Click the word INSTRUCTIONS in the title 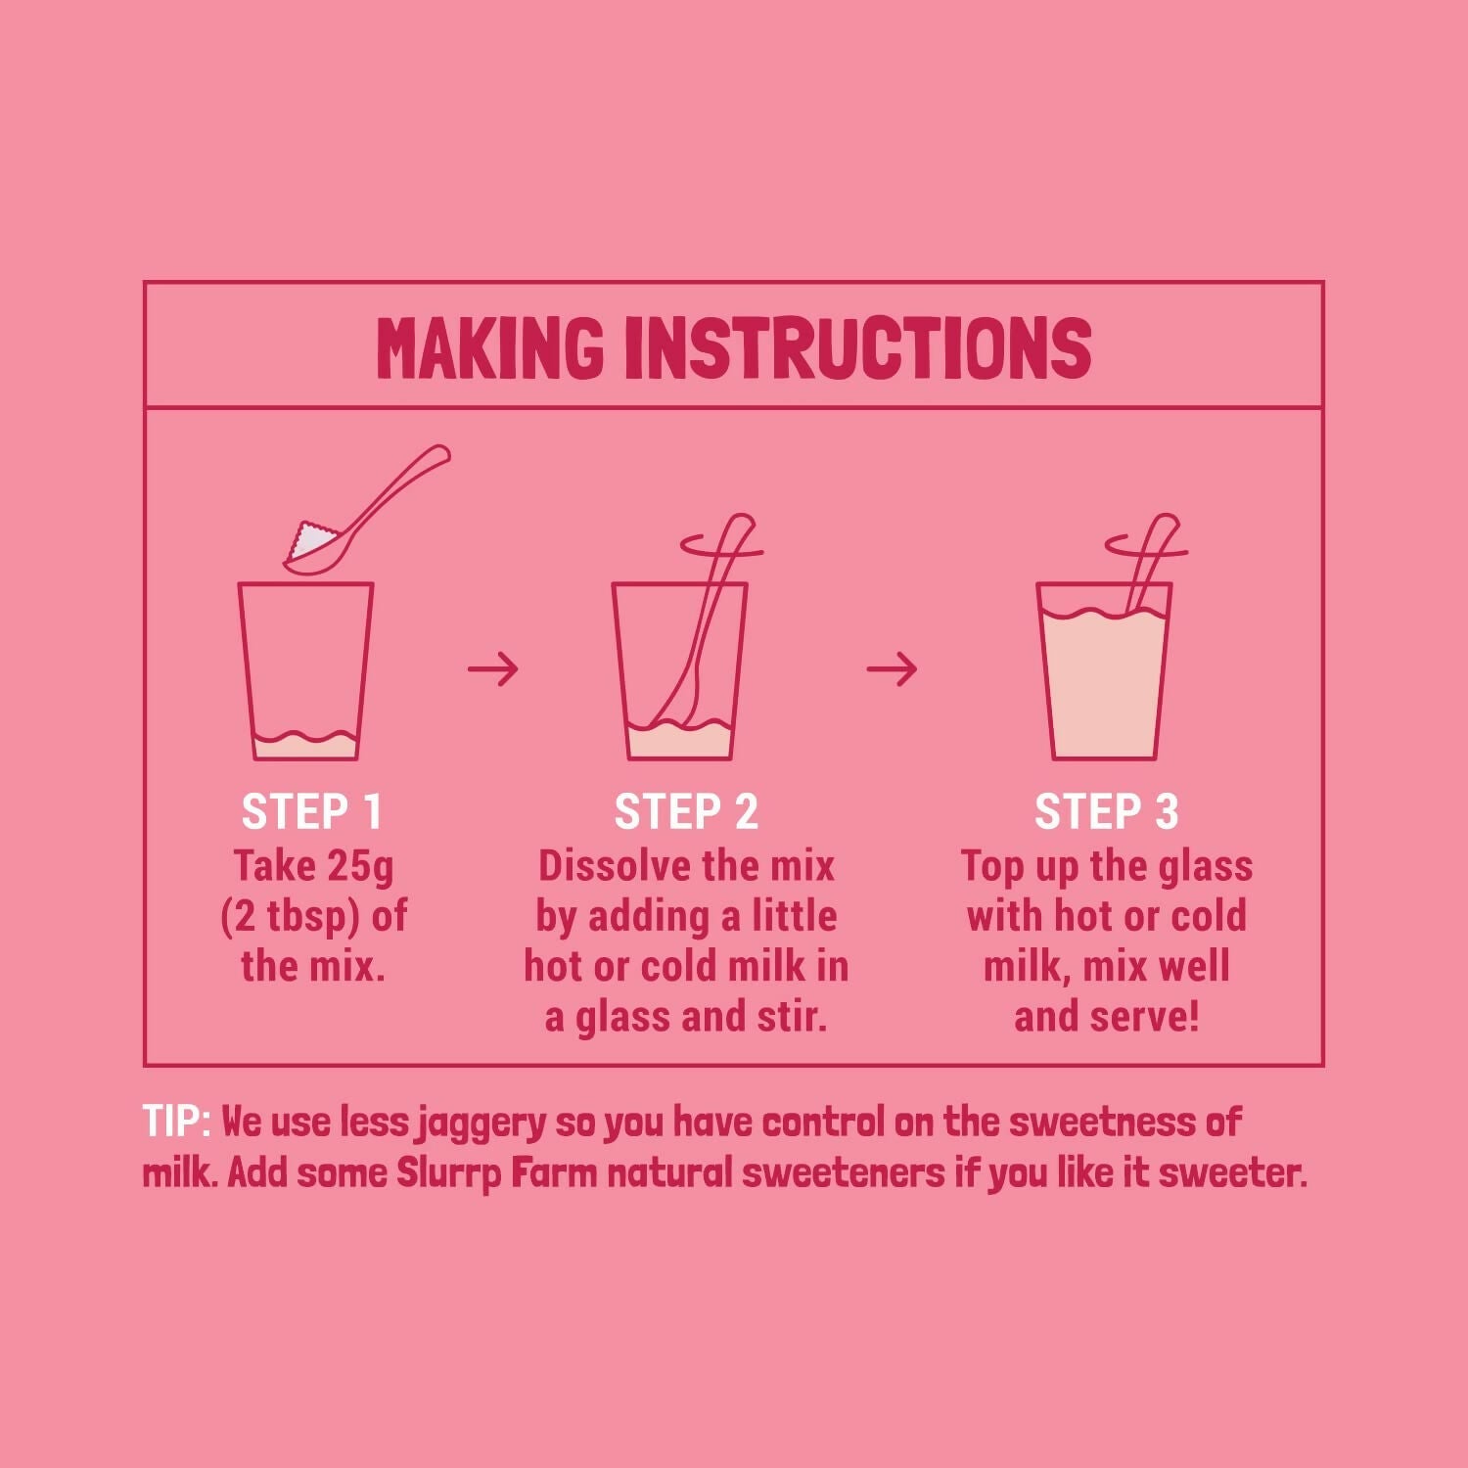pos(857,347)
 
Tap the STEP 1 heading pos(311,812)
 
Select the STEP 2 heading pos(686,812)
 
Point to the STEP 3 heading pos(1106,812)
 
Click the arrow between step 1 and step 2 pos(492,669)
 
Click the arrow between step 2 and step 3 pos(892,669)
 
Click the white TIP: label pos(176,1122)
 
